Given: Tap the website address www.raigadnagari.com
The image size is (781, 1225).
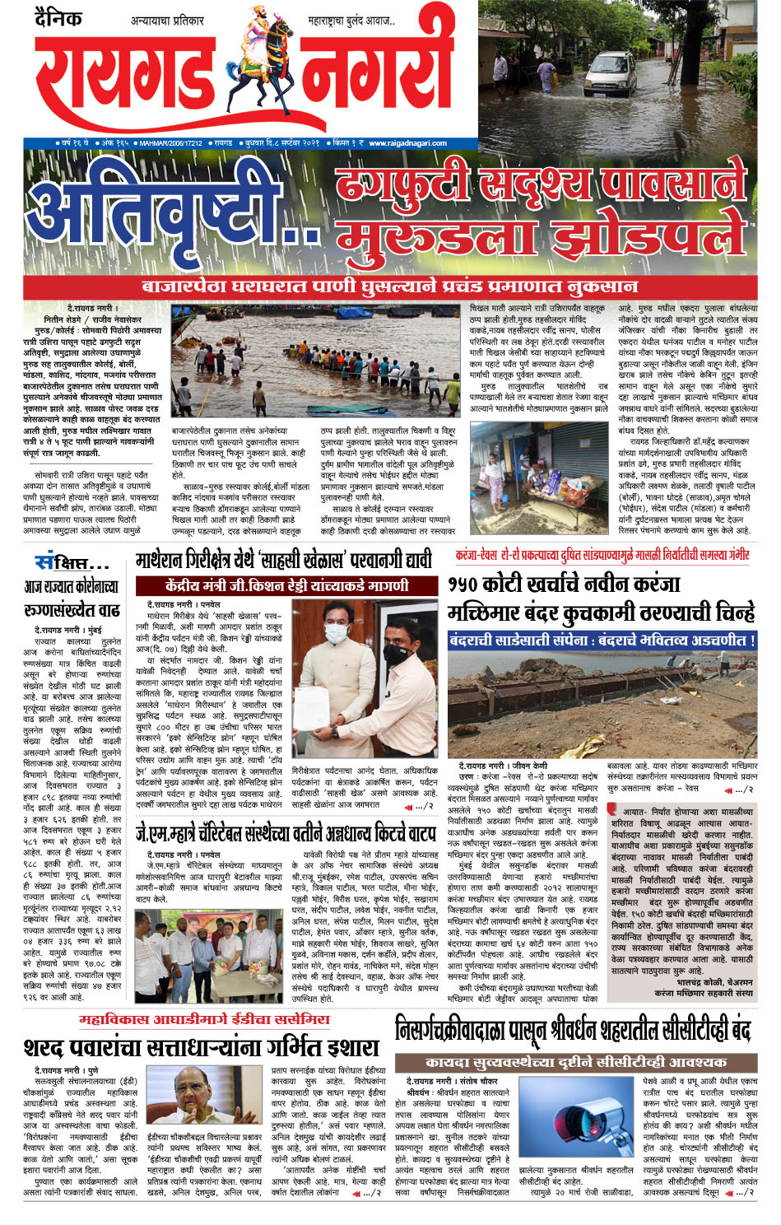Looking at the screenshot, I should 407,142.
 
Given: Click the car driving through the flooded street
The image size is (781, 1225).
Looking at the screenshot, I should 611,73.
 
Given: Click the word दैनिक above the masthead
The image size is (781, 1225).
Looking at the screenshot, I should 58,18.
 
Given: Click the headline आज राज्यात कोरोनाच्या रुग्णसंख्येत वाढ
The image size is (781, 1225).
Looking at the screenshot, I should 72,599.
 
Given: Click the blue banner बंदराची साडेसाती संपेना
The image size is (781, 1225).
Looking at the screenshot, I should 602,640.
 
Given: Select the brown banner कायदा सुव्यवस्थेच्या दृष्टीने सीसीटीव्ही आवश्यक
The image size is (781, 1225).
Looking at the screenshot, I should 575,1062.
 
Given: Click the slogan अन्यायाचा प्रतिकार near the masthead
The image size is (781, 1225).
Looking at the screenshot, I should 169,20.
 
